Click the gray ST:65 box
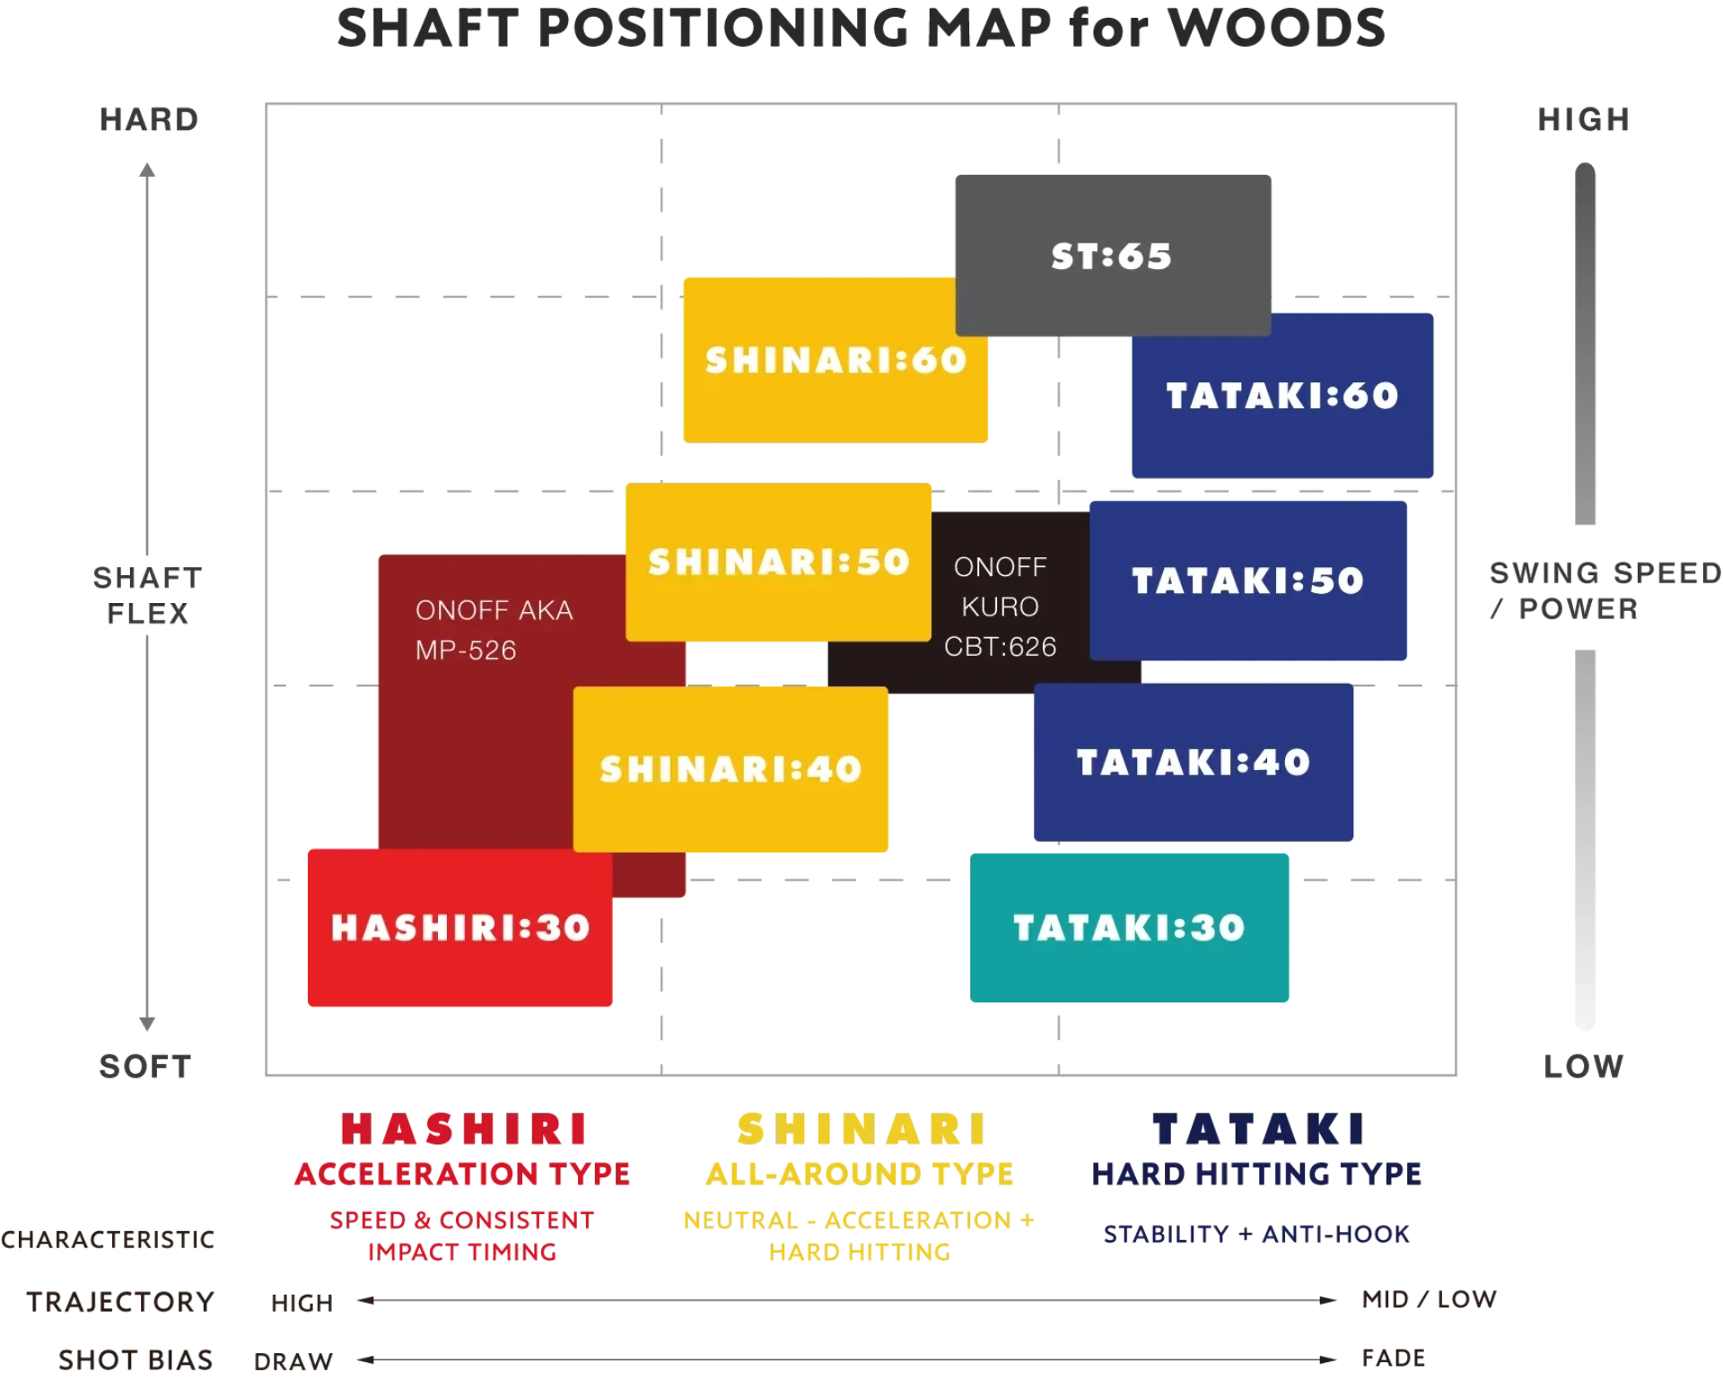click(1113, 256)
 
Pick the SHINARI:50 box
click(778, 563)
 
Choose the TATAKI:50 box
click(1248, 581)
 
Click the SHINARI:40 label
click(730, 769)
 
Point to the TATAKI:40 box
click(1194, 763)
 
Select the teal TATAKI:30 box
click(1129, 928)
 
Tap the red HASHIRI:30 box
click(459, 928)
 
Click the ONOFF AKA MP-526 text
click(494, 630)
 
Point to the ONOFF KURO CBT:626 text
click(1000, 607)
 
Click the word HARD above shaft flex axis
click(149, 119)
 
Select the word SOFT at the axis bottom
click(145, 1067)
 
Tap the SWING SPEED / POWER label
click(1605, 590)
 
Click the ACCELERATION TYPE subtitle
click(462, 1174)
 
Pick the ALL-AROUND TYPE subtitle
click(860, 1174)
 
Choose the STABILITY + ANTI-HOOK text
click(1256, 1235)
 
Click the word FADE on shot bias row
click(1394, 1359)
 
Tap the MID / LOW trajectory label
click(1430, 1299)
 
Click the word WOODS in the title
click(1277, 29)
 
